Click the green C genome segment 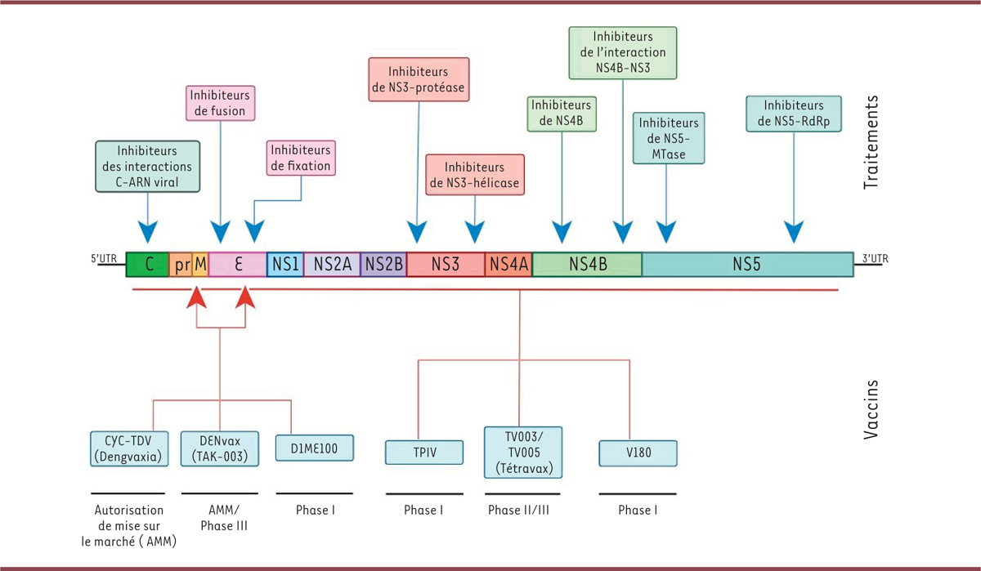click(x=148, y=265)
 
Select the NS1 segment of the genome click(x=285, y=265)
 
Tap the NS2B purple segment click(x=383, y=265)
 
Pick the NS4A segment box click(x=508, y=265)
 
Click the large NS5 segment click(x=746, y=265)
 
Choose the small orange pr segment click(x=181, y=265)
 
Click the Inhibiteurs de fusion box click(x=220, y=101)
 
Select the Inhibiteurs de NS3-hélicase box click(x=474, y=174)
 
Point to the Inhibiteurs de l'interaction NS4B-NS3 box click(x=623, y=52)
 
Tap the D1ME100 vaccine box click(x=315, y=448)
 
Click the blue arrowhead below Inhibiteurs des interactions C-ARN click(x=147, y=232)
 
